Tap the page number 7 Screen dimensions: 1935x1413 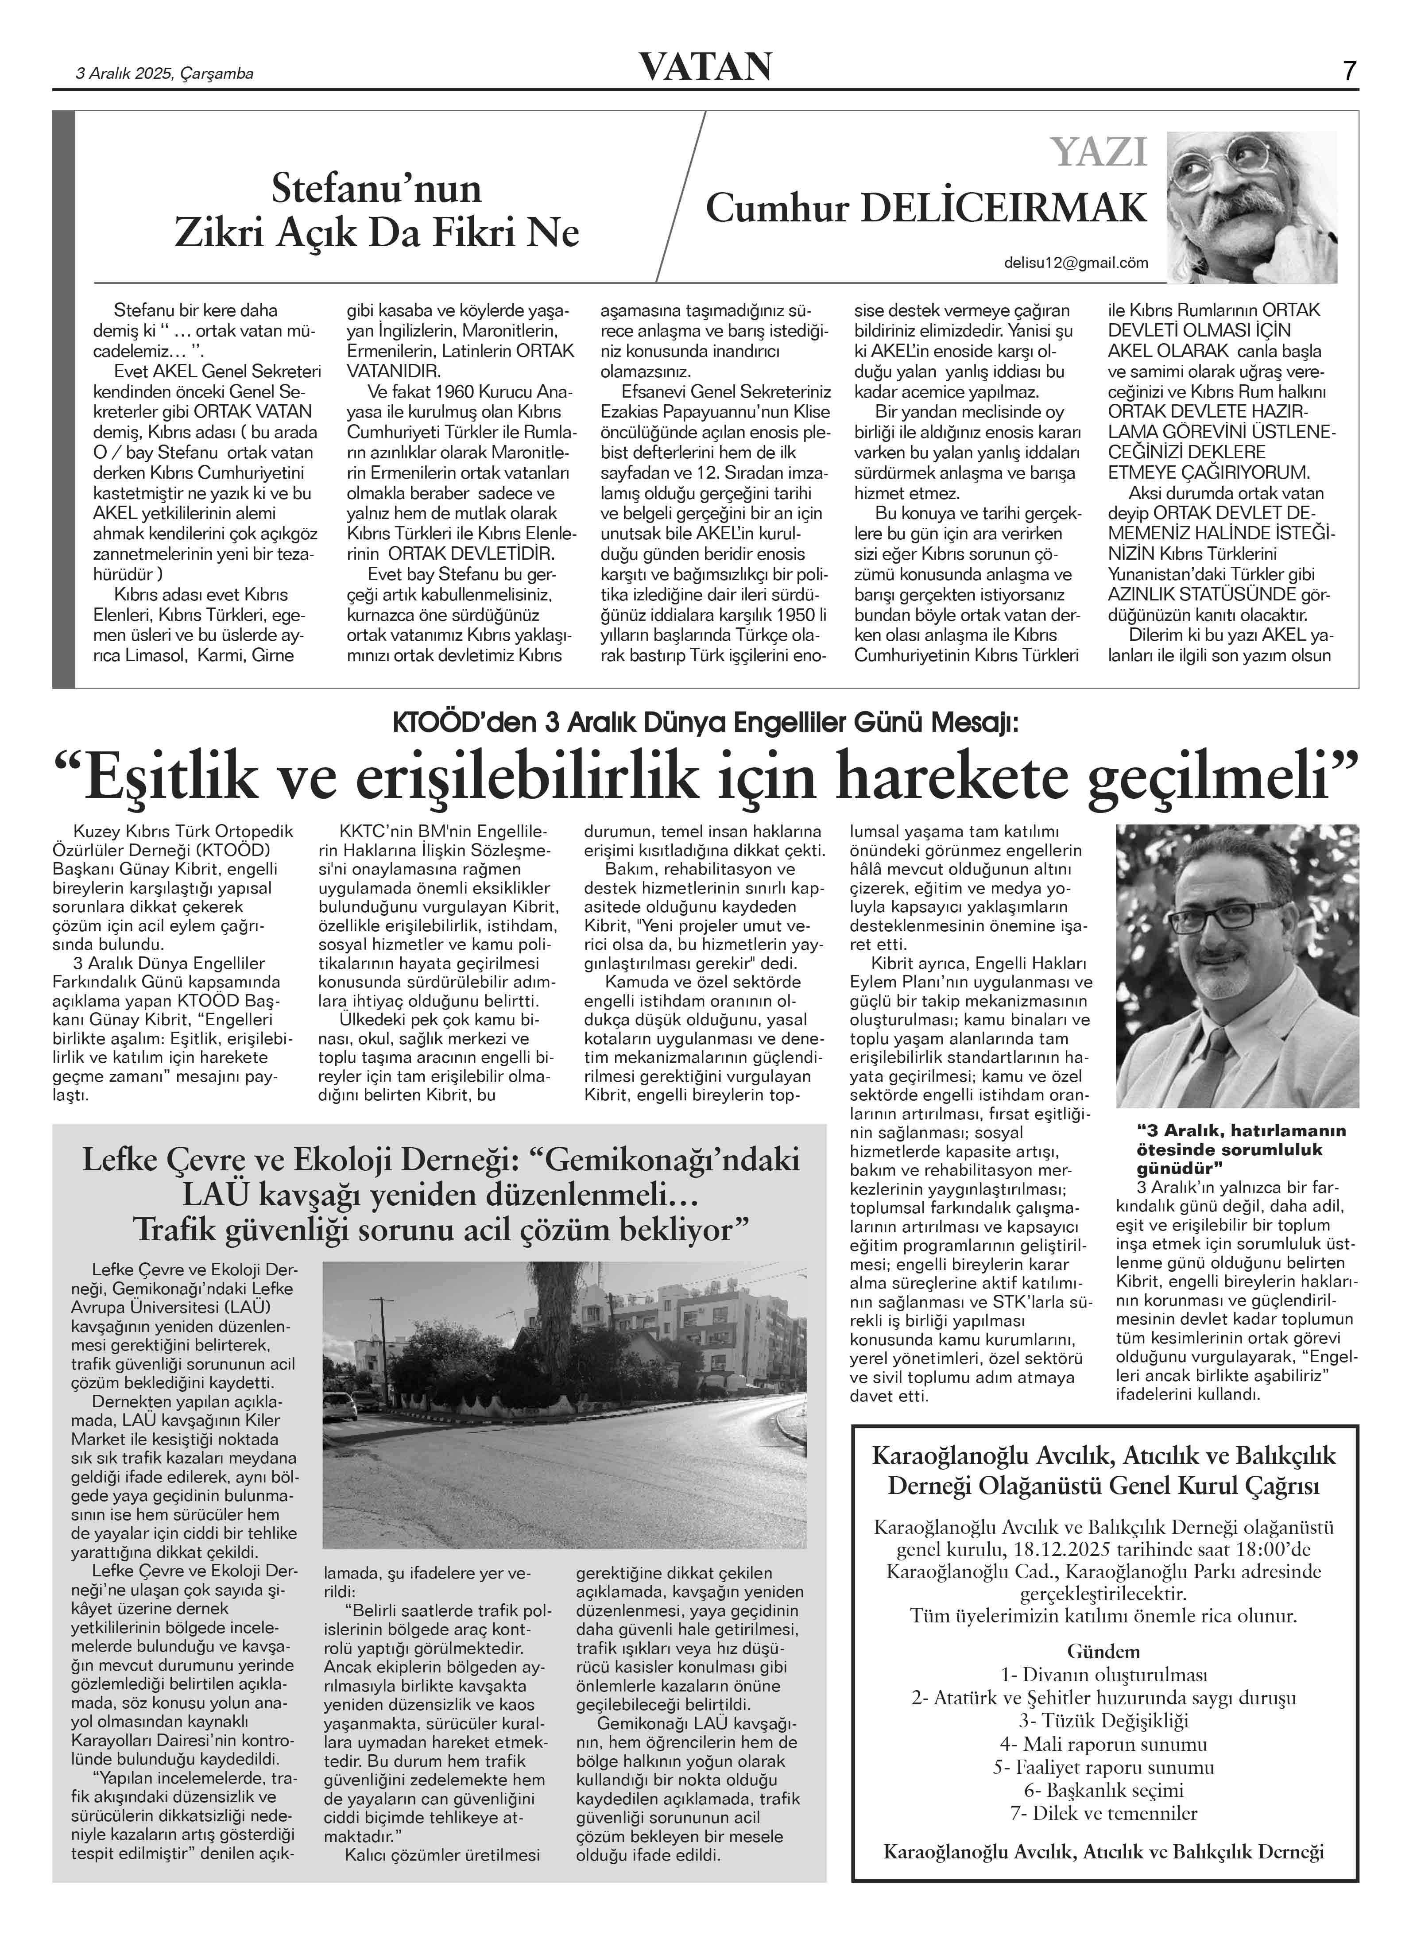(x=1349, y=71)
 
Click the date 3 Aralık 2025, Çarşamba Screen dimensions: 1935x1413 (x=165, y=74)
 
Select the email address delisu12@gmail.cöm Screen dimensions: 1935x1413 (x=1076, y=263)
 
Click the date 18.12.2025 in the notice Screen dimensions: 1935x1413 (x=1052, y=1549)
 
